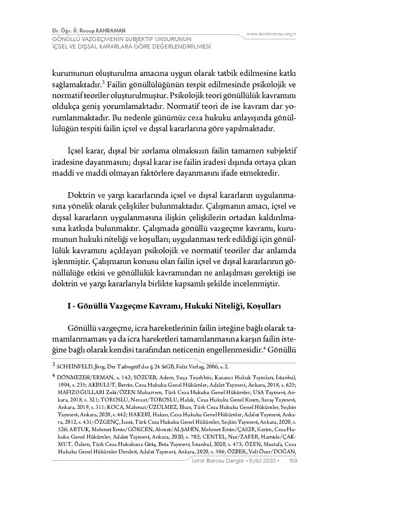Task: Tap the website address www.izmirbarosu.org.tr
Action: (271, 34)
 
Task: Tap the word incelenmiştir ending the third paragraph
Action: (255, 283)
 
